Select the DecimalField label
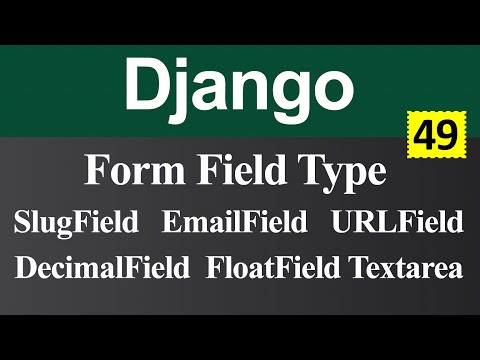point(103,268)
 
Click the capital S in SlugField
point(23,222)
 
